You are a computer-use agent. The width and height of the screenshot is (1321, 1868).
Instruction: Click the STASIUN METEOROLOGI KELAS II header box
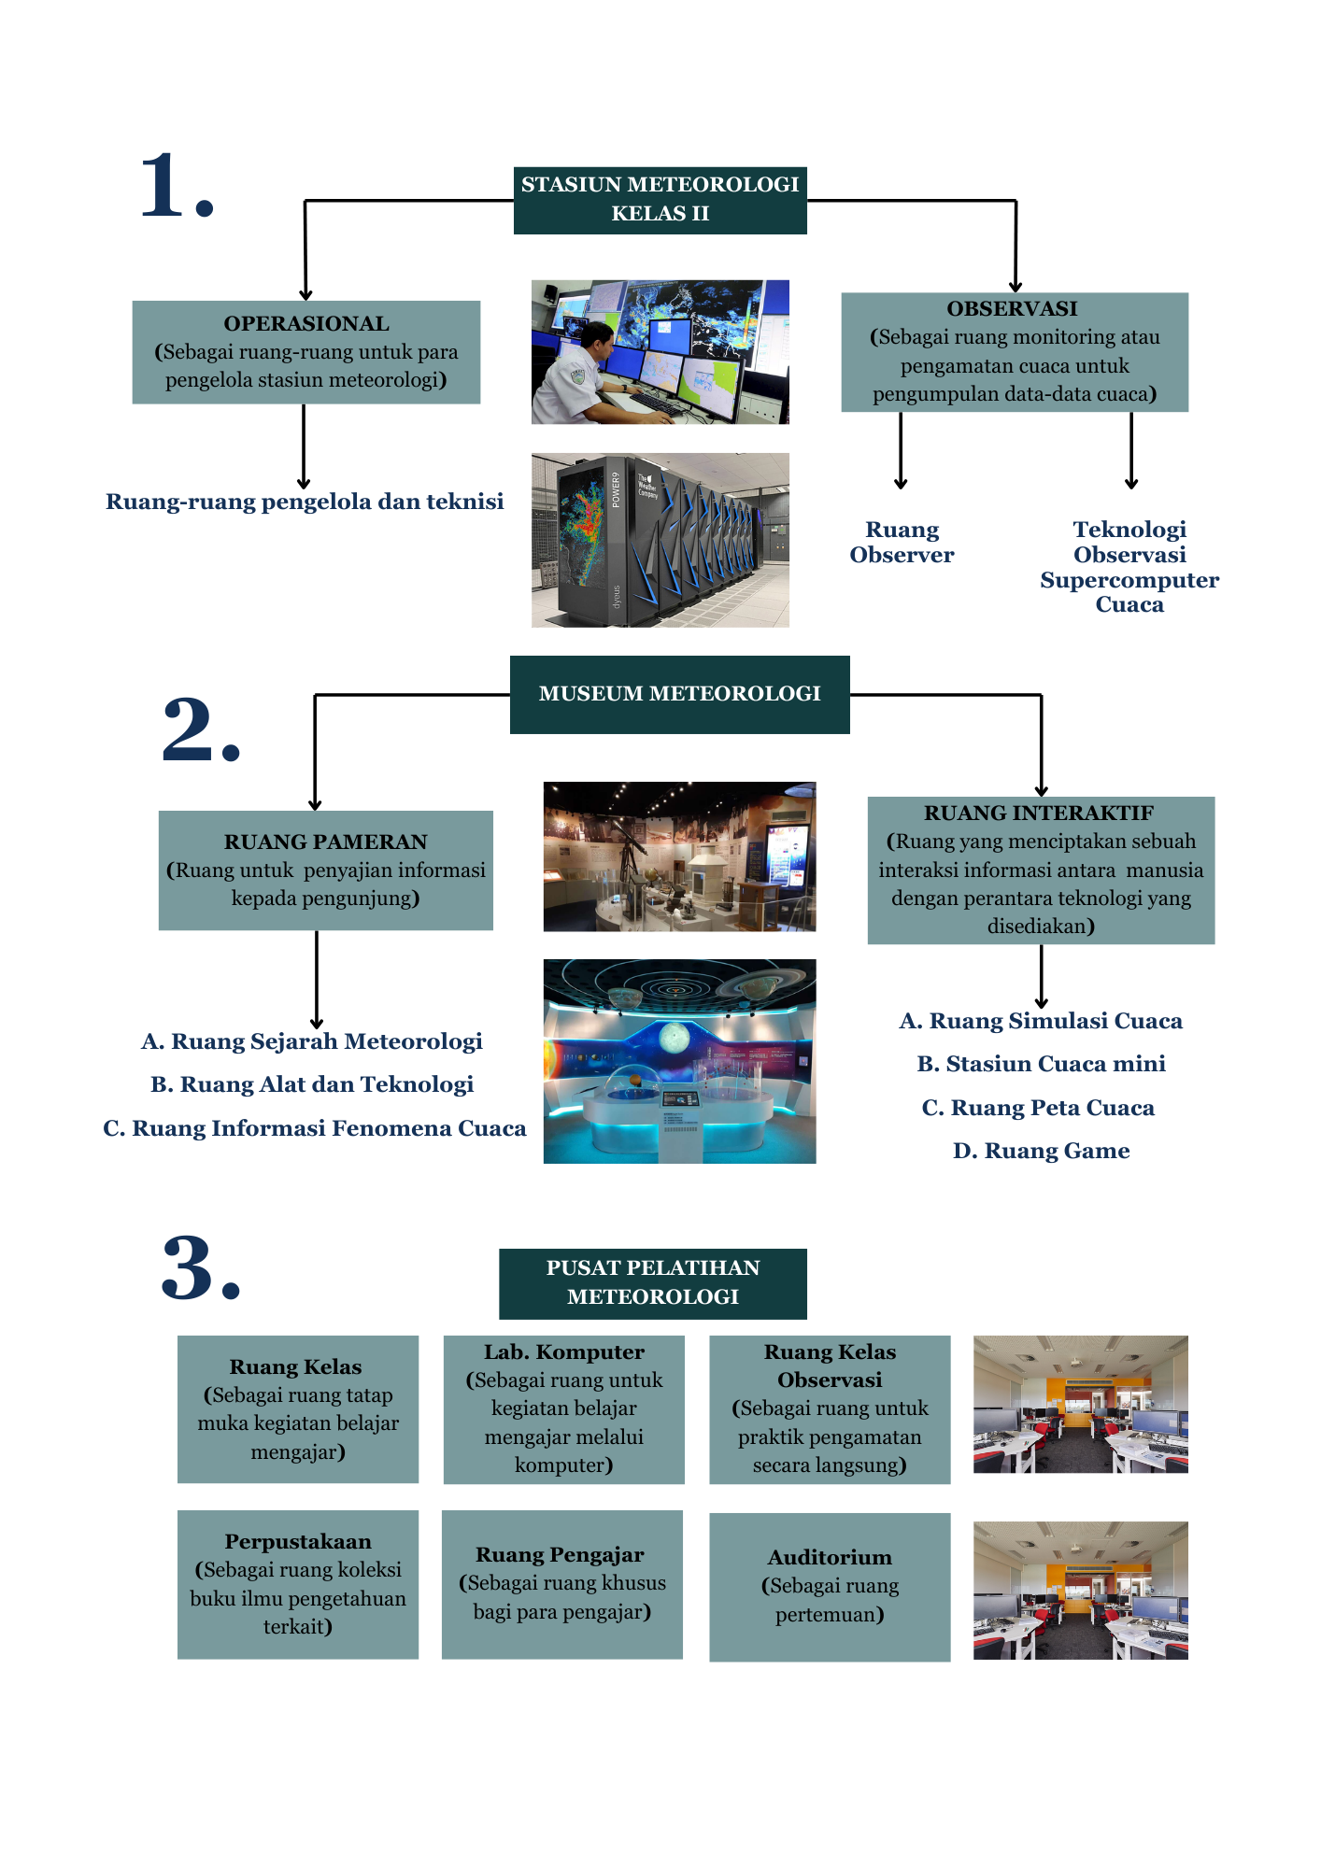coord(660,200)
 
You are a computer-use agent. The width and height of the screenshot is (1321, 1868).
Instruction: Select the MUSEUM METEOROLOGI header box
coord(679,694)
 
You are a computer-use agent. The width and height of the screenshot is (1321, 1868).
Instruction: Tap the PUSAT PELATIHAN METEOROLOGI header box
coord(652,1282)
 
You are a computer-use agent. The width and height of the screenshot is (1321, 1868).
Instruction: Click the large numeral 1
coord(177,187)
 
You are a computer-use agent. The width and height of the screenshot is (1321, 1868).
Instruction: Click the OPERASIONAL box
coord(305,352)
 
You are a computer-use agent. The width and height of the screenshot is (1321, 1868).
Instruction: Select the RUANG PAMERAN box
coord(325,870)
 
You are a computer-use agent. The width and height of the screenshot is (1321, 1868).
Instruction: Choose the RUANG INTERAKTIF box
coord(1041,870)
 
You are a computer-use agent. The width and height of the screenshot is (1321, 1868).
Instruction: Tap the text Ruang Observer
coord(902,543)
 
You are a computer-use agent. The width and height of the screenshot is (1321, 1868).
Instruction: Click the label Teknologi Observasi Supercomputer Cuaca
coord(1129,567)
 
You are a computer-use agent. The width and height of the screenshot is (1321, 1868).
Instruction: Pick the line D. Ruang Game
coord(1041,1151)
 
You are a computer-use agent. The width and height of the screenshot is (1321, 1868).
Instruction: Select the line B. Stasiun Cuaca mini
coord(1041,1064)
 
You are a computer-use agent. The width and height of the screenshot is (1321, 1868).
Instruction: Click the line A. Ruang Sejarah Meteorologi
coord(311,1041)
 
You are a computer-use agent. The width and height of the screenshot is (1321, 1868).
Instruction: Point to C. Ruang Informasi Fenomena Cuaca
coord(314,1128)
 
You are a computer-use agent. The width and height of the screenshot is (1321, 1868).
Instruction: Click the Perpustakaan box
coord(297,1584)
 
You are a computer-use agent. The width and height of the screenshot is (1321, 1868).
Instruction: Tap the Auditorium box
coord(830,1586)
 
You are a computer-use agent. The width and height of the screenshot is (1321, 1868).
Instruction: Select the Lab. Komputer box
coord(563,1408)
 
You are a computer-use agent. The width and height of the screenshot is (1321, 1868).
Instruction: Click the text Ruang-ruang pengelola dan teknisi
coord(305,502)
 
